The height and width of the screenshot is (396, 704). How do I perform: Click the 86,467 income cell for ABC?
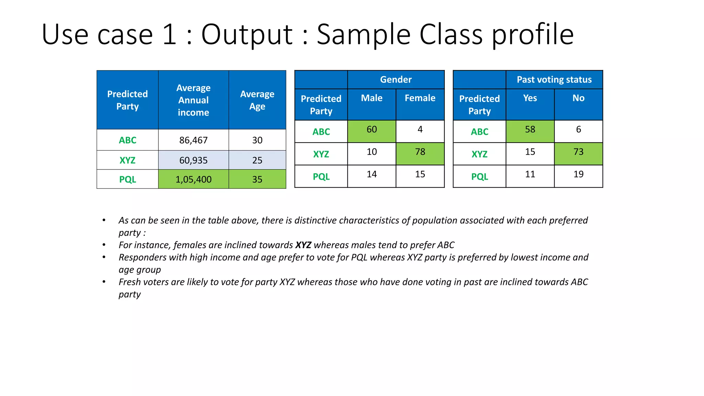193,140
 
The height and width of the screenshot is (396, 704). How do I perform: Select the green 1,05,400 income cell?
193,179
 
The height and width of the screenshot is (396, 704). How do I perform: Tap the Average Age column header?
257,100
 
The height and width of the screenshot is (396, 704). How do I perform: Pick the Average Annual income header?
193,100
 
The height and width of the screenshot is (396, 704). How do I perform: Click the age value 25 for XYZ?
257,160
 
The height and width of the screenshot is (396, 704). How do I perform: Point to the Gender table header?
396,80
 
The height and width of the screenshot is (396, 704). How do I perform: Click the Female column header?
420,98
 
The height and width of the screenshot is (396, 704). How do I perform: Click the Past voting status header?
554,80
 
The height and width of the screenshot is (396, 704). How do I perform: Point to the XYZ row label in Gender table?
321,154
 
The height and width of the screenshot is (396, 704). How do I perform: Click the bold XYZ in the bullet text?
303,245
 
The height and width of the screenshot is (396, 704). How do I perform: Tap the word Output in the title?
247,35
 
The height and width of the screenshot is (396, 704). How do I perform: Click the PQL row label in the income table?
128,179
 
